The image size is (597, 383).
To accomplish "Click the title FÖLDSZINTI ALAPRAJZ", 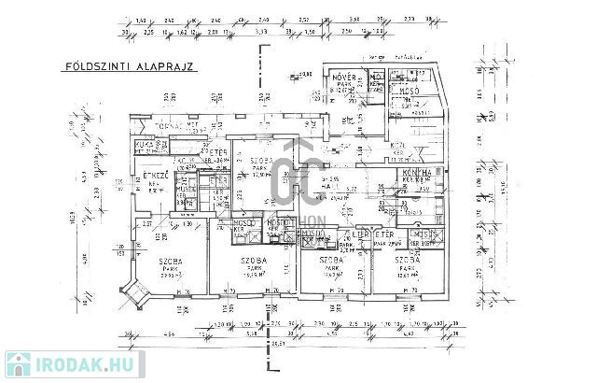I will click(x=121, y=67).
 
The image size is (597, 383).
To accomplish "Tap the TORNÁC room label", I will click(x=174, y=125).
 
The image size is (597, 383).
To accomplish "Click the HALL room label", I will click(x=329, y=187).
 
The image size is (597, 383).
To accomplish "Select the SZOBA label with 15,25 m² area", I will click(x=250, y=262).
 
